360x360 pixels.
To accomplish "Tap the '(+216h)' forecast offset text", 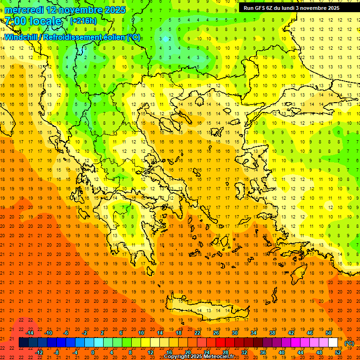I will point(83,21).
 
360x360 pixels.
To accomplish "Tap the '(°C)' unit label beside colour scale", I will point(349,343).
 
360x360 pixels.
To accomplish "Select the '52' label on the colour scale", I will point(338,352).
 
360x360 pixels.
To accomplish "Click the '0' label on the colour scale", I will point(93,352).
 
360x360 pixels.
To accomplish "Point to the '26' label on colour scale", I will point(216,333).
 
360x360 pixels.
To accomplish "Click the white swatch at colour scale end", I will point(333,343).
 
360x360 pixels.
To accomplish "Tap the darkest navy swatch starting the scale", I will point(23,343).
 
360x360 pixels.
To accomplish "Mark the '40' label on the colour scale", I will point(281,352).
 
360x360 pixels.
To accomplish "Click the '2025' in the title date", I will point(114,10).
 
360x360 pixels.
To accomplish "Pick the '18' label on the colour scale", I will point(179,333).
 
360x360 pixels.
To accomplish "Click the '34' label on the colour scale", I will point(254,333).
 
